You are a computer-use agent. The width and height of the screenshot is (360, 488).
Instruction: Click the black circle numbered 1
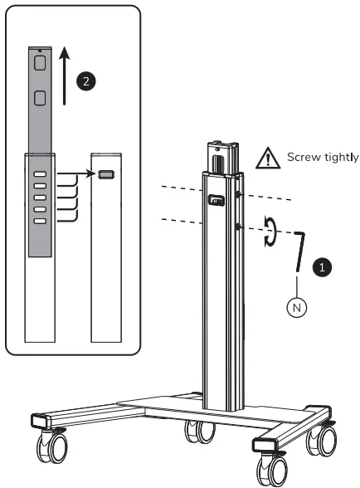(x=324, y=267)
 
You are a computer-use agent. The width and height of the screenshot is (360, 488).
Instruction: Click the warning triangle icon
(x=268, y=156)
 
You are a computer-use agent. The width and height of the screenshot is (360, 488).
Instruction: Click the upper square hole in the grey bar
(x=39, y=62)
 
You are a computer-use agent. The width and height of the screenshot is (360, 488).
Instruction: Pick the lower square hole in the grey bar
(x=39, y=100)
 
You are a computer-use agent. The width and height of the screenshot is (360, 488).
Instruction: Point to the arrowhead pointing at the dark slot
(x=92, y=175)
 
